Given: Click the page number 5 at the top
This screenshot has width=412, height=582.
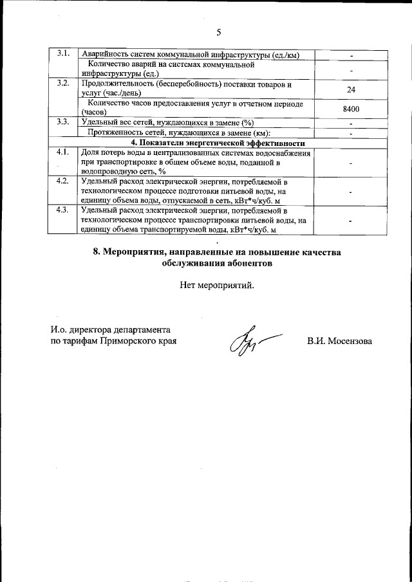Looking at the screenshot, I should click(218, 32).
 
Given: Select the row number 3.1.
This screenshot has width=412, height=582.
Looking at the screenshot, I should click(63, 53).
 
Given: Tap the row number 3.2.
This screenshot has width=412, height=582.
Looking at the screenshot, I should click(63, 84).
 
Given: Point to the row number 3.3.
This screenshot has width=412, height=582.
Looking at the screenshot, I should click(63, 122).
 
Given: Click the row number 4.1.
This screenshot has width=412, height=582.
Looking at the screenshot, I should click(62, 153).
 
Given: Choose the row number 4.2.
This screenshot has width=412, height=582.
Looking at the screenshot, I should click(62, 181).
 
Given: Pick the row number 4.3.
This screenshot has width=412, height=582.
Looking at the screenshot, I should click(62, 210).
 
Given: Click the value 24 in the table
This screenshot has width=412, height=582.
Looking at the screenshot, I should click(351, 89).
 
